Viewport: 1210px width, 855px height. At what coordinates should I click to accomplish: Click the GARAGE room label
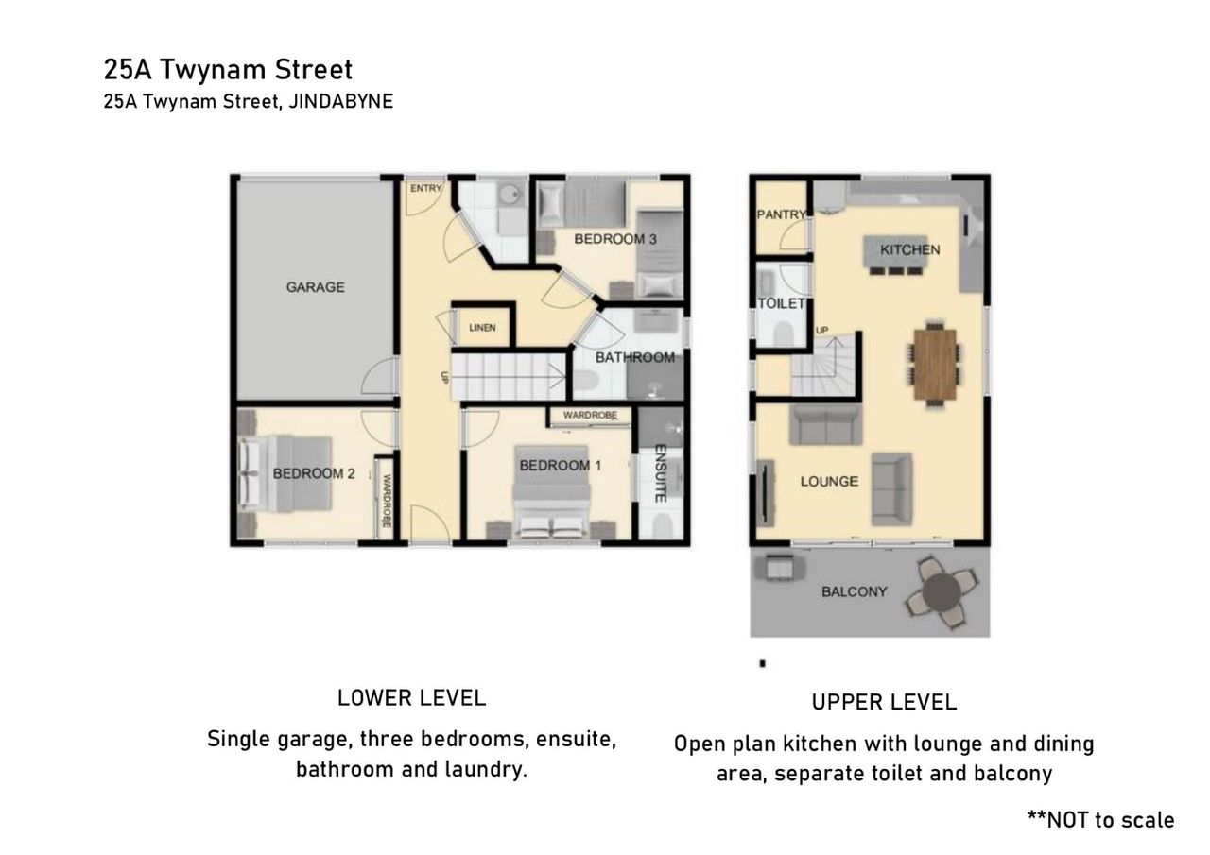tap(315, 287)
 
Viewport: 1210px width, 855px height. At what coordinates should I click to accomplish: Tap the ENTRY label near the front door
tap(425, 188)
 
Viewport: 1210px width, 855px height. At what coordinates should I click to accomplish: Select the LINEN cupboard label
tap(482, 328)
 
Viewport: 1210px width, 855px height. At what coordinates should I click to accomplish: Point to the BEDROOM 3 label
tap(615, 239)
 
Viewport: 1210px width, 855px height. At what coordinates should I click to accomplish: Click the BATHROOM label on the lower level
tap(634, 357)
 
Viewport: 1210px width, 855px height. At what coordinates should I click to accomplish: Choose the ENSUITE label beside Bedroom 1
tap(660, 473)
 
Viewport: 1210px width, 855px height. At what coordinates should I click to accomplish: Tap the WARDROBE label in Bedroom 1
tap(590, 415)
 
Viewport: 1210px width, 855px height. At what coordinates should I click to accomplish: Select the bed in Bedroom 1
tap(551, 491)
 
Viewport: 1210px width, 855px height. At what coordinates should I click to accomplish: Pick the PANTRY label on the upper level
tap(782, 214)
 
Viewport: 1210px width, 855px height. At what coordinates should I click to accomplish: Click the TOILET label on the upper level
tap(781, 304)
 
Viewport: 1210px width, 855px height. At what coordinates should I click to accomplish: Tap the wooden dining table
tap(935, 365)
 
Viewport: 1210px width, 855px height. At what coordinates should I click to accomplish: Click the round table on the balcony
tap(942, 592)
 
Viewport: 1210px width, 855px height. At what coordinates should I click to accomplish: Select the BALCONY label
tap(854, 592)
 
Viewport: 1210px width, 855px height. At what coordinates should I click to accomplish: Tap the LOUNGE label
tap(829, 482)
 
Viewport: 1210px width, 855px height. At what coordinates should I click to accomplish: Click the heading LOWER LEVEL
tap(411, 698)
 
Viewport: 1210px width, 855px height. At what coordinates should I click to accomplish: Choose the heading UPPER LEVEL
tap(884, 702)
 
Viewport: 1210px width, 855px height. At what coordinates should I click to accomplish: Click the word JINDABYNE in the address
tap(341, 101)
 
